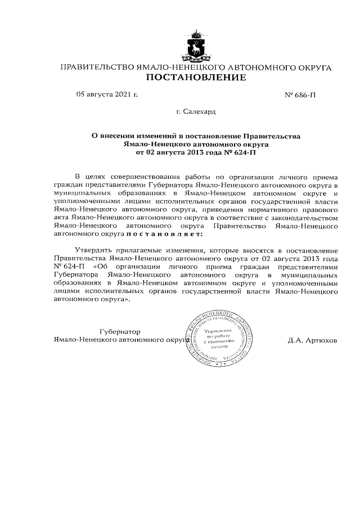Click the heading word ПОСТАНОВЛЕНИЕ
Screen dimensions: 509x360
(x=196, y=78)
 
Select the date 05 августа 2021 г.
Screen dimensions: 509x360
(x=106, y=94)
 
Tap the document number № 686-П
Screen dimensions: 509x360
(x=301, y=95)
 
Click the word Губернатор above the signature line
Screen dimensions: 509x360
(x=120, y=331)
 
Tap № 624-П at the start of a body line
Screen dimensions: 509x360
(x=68, y=265)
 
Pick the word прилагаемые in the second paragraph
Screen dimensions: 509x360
(x=137, y=249)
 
